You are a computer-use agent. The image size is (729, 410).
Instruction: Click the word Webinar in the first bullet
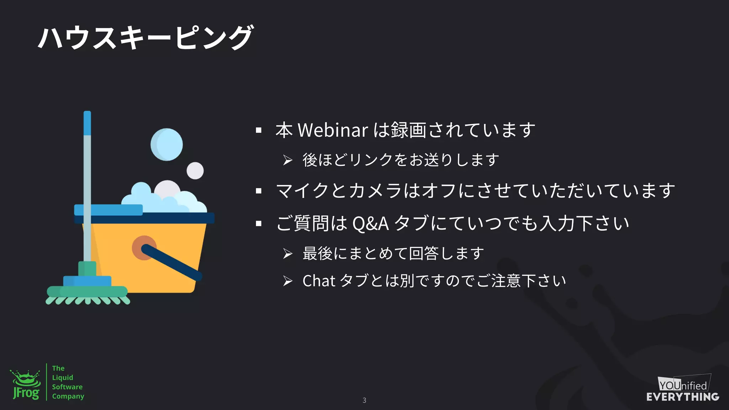(x=332, y=130)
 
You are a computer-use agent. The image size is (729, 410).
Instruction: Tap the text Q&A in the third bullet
(x=370, y=224)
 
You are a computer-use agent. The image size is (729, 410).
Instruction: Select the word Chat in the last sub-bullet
(x=319, y=281)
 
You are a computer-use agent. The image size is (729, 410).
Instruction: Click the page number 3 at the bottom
(x=364, y=400)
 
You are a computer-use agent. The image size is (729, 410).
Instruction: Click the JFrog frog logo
(x=26, y=385)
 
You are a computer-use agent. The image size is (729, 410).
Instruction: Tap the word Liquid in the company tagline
(x=63, y=378)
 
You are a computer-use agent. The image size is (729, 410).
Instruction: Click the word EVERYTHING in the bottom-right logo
(x=683, y=397)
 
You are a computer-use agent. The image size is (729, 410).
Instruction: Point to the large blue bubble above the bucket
(x=167, y=144)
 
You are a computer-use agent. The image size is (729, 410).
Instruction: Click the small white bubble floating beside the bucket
(x=195, y=170)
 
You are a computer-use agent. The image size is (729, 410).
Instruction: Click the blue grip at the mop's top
(x=87, y=123)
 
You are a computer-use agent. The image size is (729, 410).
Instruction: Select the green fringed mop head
(x=88, y=295)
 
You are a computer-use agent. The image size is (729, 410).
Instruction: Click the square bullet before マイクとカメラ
(x=259, y=191)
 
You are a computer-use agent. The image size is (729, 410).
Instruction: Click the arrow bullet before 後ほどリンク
(x=288, y=160)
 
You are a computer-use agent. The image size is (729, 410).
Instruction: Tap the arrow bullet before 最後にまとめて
(x=288, y=254)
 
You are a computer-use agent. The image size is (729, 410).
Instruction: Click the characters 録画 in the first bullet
(x=408, y=130)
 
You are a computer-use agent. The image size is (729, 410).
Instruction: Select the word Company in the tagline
(x=68, y=396)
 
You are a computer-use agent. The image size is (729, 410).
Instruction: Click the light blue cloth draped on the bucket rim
(x=108, y=210)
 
